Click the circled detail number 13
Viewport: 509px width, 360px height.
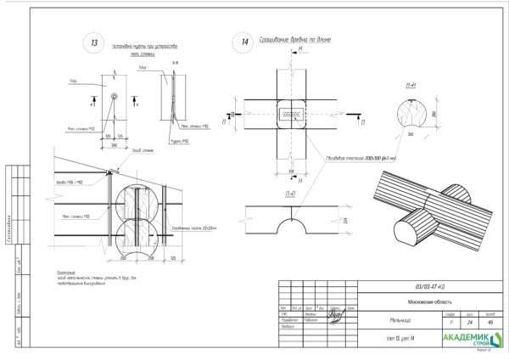pos(94,42)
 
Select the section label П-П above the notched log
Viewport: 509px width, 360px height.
pos(290,195)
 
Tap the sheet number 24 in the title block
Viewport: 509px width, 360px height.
pos(467,322)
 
